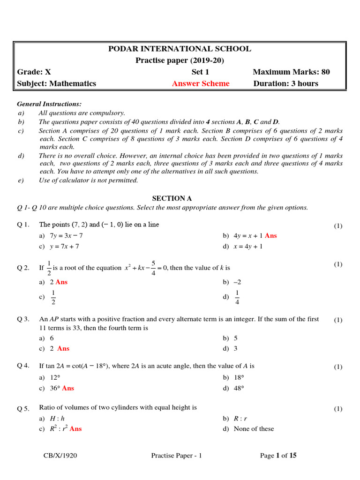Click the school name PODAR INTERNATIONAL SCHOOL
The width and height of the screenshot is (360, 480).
(x=180, y=49)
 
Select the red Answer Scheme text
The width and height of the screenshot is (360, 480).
(x=201, y=83)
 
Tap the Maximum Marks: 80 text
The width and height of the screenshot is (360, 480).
(x=291, y=72)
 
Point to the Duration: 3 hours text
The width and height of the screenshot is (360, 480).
(x=285, y=83)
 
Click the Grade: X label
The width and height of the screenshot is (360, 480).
(x=34, y=72)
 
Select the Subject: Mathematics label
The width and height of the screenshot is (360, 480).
(x=57, y=83)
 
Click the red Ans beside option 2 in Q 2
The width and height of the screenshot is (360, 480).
(x=61, y=282)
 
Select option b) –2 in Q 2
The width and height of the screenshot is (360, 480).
(x=232, y=282)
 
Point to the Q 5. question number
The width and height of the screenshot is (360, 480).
(x=23, y=409)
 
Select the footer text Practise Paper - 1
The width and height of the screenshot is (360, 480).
(x=176, y=456)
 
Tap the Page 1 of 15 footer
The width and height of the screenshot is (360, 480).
(x=278, y=456)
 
